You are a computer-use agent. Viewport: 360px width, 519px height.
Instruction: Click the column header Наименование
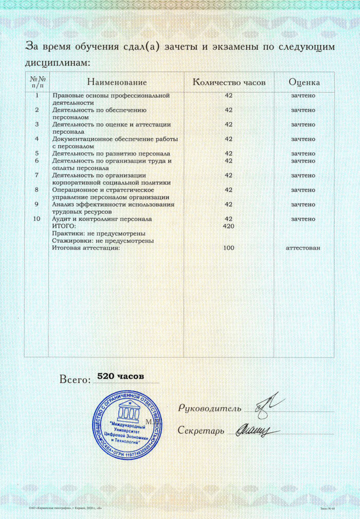pos(117,82)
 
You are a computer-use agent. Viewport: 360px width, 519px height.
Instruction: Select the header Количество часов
pos(229,82)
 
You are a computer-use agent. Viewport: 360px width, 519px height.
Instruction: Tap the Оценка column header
pos(304,82)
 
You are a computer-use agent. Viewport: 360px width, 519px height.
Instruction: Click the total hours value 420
pos(229,226)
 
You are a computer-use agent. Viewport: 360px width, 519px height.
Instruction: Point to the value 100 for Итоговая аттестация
pos(229,248)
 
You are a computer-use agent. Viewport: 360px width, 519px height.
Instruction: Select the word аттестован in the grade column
pos(303,248)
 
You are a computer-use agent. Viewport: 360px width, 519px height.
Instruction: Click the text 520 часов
pos(118,377)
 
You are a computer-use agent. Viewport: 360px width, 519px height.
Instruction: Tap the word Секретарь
pos(201,430)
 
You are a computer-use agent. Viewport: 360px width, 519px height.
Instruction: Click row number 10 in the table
pos(36,219)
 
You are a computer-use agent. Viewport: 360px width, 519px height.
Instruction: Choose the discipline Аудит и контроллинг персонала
pos(102,219)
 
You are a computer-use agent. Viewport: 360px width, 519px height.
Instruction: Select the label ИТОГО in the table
pos(64,226)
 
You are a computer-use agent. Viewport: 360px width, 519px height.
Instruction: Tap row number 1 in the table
pos(36,96)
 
